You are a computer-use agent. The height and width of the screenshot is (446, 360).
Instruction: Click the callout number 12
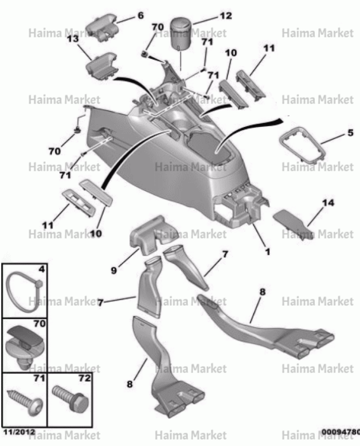(x=226, y=16)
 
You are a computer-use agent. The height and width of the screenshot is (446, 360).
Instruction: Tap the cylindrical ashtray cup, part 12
(x=181, y=34)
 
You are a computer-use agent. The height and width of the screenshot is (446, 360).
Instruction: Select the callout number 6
(x=140, y=15)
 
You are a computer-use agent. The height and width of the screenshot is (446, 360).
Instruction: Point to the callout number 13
(x=73, y=39)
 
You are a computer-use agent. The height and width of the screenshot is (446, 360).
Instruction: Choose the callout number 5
(x=350, y=133)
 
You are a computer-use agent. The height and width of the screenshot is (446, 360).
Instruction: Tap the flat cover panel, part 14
(x=293, y=223)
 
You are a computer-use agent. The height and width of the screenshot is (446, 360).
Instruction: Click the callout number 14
(x=328, y=203)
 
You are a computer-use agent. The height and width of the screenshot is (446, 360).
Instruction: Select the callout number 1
(x=267, y=252)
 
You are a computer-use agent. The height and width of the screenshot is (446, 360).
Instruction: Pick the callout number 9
(x=114, y=270)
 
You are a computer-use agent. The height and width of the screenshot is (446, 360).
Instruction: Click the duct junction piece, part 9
(x=149, y=235)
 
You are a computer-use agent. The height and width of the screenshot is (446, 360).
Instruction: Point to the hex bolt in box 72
(x=70, y=398)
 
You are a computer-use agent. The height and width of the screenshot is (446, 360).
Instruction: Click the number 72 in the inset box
(x=84, y=378)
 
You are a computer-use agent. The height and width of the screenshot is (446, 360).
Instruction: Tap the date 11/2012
(x=19, y=432)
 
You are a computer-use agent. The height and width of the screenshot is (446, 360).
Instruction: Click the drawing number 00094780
(x=341, y=432)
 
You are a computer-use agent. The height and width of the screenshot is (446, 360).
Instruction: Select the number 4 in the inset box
(x=42, y=269)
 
